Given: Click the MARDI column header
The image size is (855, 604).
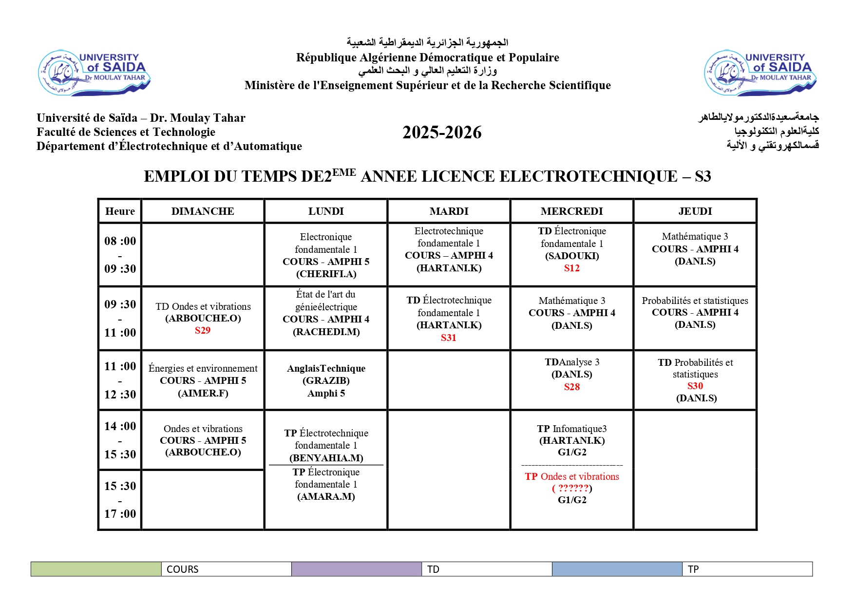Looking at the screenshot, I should point(449,211).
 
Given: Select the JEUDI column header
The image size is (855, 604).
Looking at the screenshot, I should point(695,211).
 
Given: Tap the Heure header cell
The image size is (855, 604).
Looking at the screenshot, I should point(120,211).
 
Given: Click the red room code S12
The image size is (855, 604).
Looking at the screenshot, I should point(571,268).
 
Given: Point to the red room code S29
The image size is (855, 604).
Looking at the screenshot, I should point(203,330).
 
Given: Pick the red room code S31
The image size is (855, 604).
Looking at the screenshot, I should point(448,338).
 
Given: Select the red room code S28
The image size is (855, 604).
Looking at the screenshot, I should point(571,387).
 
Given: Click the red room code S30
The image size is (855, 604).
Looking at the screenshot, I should point(695,386).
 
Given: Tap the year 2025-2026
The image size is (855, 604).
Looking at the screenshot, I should point(442,132).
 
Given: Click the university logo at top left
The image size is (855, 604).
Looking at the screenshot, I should point(95,73).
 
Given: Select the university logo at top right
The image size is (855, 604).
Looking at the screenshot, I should point(760,73).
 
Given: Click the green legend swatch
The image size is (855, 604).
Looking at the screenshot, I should point(96,569).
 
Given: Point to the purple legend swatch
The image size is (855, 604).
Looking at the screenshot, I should point(357,569).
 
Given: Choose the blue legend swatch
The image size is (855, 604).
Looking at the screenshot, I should point(617,569).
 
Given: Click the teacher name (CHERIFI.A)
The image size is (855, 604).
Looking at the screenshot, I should point(326,274).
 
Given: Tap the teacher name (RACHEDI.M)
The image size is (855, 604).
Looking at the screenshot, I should point(326,332).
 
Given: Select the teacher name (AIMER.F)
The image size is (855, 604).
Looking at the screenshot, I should point(203,393).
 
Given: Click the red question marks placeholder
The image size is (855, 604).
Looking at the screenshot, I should point(572,488).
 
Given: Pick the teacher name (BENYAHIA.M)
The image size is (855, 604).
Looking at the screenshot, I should point(326,458).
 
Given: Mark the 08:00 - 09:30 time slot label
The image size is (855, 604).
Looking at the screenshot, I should point(120,255).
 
